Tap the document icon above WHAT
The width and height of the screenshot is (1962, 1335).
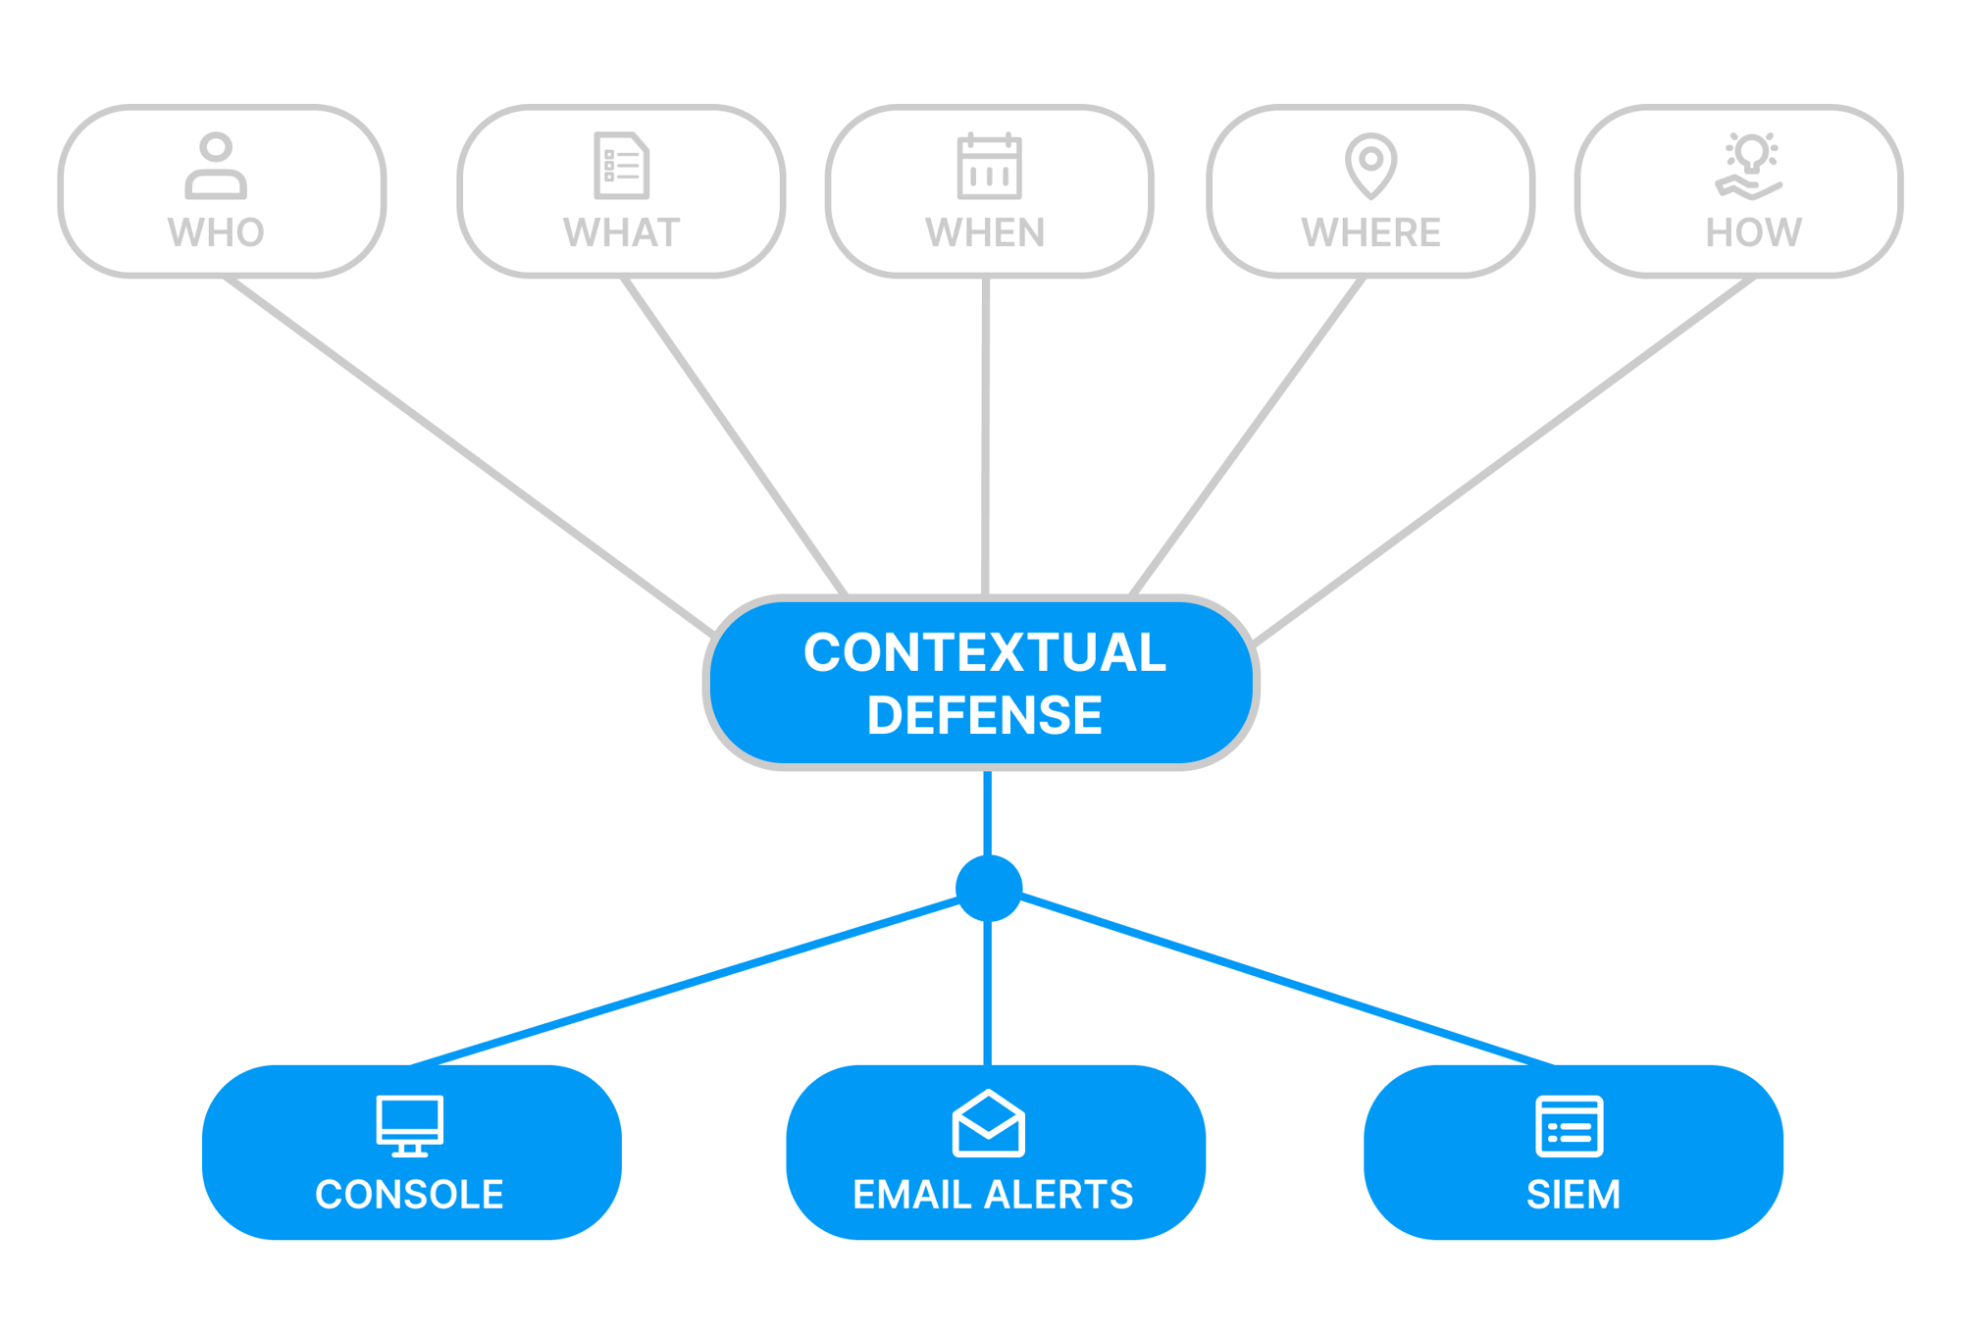click(x=621, y=165)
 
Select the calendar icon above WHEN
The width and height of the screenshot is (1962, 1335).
click(x=989, y=166)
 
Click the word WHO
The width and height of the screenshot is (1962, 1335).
click(x=216, y=232)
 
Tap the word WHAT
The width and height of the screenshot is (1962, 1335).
click(x=621, y=232)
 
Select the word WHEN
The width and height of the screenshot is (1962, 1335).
click(x=985, y=232)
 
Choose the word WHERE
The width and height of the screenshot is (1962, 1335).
click(x=1370, y=232)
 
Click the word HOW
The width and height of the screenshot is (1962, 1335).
click(x=1753, y=232)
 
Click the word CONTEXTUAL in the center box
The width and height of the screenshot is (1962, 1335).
click(x=984, y=652)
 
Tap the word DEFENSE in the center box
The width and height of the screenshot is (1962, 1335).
click(x=984, y=715)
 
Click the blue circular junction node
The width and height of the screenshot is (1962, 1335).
click(x=989, y=888)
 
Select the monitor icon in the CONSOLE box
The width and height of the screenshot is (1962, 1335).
click(x=409, y=1125)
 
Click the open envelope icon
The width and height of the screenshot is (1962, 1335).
click(x=988, y=1123)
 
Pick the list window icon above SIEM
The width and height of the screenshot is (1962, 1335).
click(x=1569, y=1126)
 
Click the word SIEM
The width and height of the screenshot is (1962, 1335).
click(x=1573, y=1195)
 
